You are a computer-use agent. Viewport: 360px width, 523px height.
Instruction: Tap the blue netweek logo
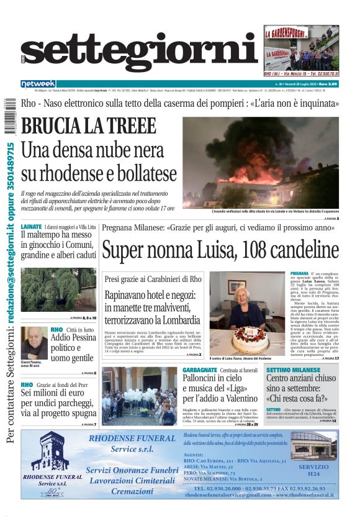pyautogui.click(x=38, y=83)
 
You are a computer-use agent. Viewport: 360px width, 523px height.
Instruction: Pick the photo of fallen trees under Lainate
pyautogui.click(x=58, y=289)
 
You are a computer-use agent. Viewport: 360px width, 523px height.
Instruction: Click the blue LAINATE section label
pyautogui.click(x=31, y=227)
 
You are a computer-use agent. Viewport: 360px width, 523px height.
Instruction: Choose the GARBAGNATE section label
pyautogui.click(x=199, y=370)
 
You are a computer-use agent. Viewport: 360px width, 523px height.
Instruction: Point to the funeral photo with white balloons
pyautogui.click(x=139, y=396)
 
